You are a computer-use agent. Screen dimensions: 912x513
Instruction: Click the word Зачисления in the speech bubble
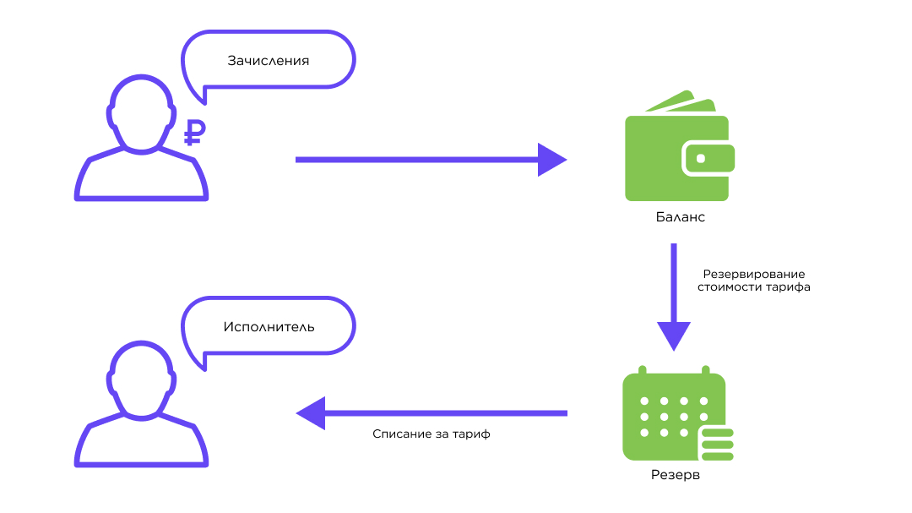(x=269, y=61)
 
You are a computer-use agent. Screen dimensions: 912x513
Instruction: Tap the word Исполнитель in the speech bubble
(x=269, y=327)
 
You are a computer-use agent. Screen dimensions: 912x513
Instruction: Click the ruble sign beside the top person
(x=194, y=133)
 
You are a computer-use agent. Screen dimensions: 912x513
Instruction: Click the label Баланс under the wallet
(x=680, y=217)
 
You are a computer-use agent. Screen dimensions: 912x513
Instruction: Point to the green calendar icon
(x=677, y=413)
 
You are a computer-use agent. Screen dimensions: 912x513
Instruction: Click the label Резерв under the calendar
(x=676, y=475)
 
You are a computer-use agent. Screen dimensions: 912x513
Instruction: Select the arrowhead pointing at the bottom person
(x=311, y=413)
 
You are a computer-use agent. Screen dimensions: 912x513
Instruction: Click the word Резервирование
(x=754, y=275)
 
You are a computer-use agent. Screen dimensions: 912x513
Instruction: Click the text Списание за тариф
(x=431, y=434)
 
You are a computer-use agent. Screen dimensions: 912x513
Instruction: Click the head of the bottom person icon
(x=141, y=379)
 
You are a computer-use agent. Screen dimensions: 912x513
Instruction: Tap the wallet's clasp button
(x=700, y=158)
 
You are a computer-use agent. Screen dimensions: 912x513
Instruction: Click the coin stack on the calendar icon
(x=717, y=445)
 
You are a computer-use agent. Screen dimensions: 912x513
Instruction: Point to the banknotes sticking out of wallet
(x=681, y=102)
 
